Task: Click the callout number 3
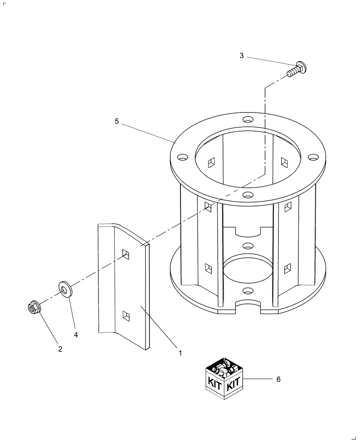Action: tap(242, 56)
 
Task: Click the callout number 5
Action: tap(117, 121)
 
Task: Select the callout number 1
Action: tap(180, 353)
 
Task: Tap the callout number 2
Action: tap(60, 349)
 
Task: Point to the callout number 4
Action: tap(76, 335)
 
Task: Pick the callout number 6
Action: tap(278, 379)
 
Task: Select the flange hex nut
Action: tap(34, 307)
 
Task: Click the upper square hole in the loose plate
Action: tap(127, 254)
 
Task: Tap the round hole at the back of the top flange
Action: tap(248, 120)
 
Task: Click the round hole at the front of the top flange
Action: tap(248, 194)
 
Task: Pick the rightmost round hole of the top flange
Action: tap(313, 157)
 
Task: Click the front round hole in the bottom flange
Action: tap(248, 291)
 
